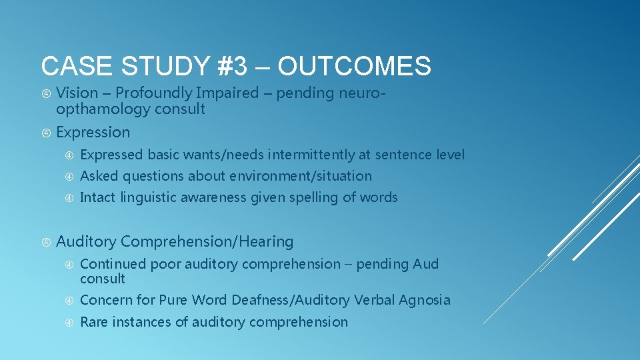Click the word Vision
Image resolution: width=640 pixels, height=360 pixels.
point(77,93)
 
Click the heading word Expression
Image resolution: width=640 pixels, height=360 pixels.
point(93,132)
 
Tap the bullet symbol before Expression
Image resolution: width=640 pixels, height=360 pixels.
point(46,133)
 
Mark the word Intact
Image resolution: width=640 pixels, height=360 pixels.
point(98,197)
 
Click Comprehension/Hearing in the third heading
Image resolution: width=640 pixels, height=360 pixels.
point(207,241)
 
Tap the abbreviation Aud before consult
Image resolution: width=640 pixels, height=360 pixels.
point(425,264)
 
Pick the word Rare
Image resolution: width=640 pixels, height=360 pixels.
point(94,322)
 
